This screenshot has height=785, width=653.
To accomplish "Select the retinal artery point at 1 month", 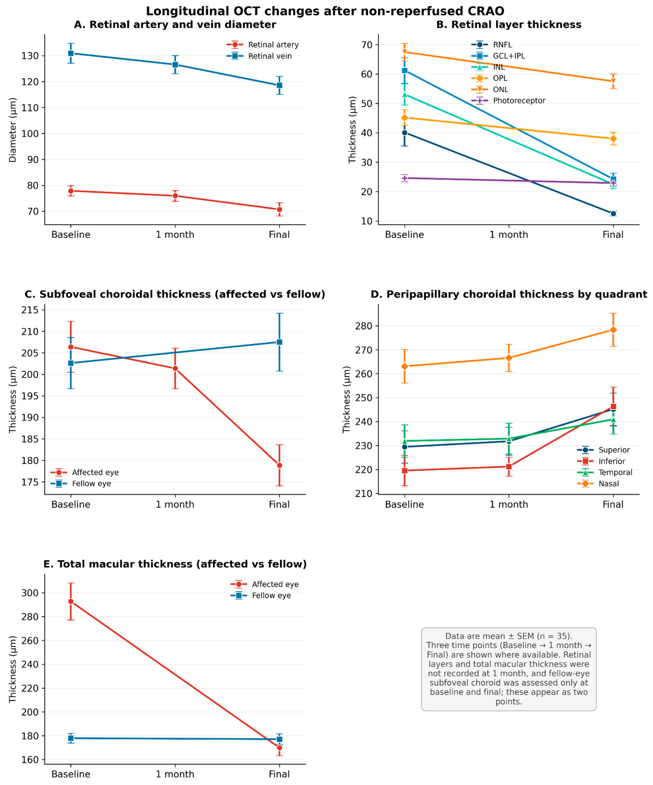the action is tap(175, 196).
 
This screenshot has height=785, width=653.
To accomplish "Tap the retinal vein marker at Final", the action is tap(279, 85).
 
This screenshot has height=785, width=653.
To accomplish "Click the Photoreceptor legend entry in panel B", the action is tap(508, 100).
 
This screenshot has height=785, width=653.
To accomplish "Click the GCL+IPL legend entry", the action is tap(498, 56).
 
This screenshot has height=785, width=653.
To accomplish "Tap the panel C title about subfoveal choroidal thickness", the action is tap(175, 294).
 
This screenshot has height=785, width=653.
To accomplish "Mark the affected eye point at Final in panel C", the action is tap(279, 465).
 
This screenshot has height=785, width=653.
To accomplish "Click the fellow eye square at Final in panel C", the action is tap(279, 342).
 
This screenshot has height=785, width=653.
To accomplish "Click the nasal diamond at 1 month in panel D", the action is tap(509, 358).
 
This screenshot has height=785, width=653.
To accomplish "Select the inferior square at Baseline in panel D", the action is tap(404, 470).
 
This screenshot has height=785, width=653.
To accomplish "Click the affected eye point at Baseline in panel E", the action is tap(71, 601).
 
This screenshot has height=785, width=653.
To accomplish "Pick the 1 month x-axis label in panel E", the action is tap(175, 774).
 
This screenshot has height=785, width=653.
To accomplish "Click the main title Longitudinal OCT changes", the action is tap(325, 11).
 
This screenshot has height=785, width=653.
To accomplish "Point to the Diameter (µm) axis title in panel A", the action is tap(13, 130).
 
